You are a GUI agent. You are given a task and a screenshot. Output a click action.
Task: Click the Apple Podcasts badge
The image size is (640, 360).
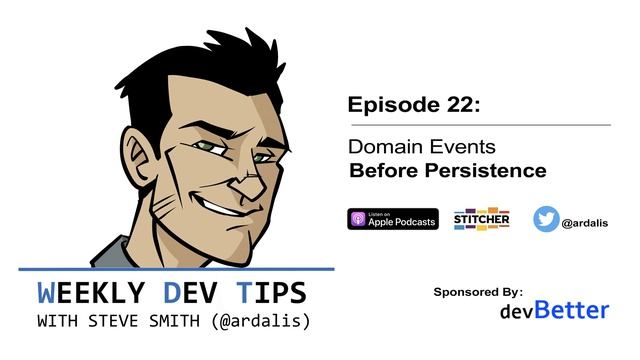tap(392, 219)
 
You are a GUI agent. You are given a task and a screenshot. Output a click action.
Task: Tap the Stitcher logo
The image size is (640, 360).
tap(481, 219)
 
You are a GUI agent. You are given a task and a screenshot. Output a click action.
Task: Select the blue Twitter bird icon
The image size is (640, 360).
tap(545, 219)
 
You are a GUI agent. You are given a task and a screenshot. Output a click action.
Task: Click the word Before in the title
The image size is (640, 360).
tap(376, 171)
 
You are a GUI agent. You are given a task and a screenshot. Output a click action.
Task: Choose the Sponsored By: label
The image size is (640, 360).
tap(478, 292)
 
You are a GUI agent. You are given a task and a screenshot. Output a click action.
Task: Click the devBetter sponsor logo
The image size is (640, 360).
tap(554, 310)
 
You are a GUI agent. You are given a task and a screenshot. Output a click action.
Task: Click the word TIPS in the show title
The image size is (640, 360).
tap(271, 293)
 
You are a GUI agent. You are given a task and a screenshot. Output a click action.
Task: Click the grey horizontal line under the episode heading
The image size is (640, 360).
tap(478, 125)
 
